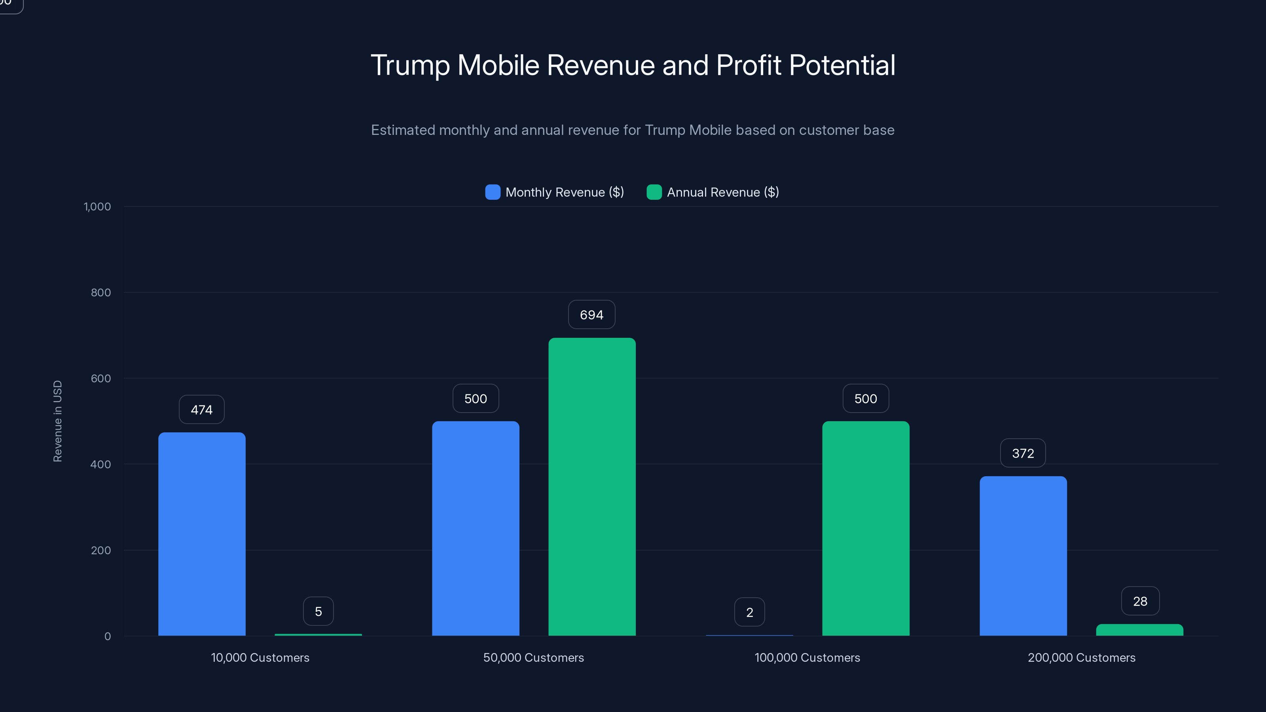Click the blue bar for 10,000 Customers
point(201,534)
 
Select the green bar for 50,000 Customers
point(592,487)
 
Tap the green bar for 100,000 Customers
point(866,528)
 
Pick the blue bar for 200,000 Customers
point(1023,556)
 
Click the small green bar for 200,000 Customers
point(1139,630)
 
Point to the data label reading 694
point(591,314)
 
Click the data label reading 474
point(201,409)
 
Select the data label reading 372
point(1023,453)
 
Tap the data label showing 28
point(1140,601)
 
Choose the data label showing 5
point(318,611)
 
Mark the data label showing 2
point(749,612)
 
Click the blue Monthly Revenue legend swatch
point(493,192)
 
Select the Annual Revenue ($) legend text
point(722,192)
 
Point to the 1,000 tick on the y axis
point(97,206)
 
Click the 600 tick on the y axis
point(101,379)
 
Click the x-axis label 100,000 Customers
point(807,657)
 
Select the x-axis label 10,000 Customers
point(260,657)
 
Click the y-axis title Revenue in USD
point(57,421)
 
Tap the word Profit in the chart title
point(748,65)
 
